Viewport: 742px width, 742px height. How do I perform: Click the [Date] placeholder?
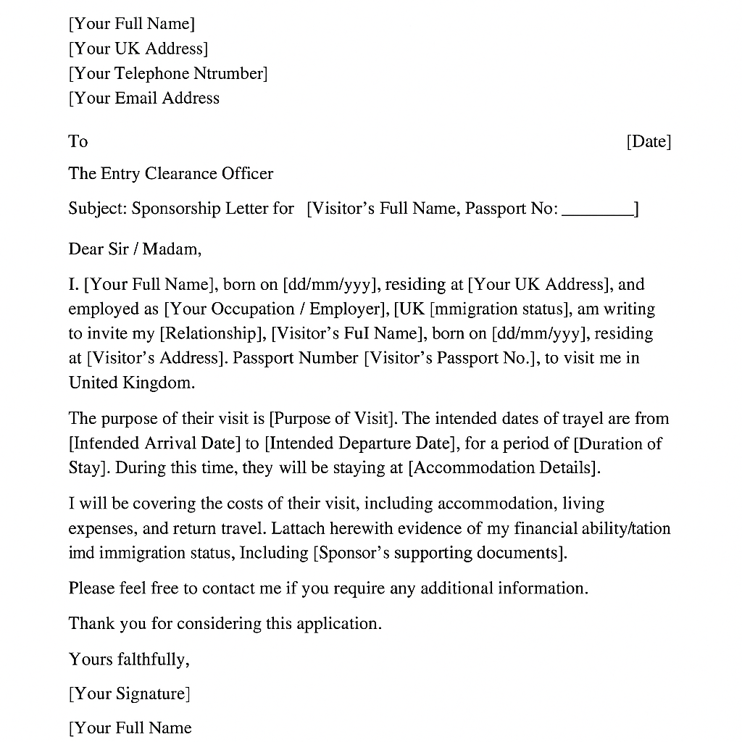(x=649, y=141)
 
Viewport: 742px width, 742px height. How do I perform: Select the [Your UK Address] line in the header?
(x=138, y=49)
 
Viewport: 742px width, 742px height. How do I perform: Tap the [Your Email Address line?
(x=144, y=98)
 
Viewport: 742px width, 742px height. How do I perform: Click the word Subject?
(x=97, y=209)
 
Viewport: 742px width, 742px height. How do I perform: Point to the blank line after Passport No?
(x=597, y=211)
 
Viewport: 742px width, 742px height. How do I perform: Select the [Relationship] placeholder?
(x=212, y=333)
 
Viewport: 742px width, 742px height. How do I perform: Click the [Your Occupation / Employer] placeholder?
(x=275, y=309)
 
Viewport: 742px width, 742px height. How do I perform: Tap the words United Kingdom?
(x=131, y=383)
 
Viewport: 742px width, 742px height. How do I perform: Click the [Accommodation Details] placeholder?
(x=504, y=468)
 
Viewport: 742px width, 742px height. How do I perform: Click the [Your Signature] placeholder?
(x=129, y=693)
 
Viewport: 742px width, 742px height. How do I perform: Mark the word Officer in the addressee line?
(x=248, y=174)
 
